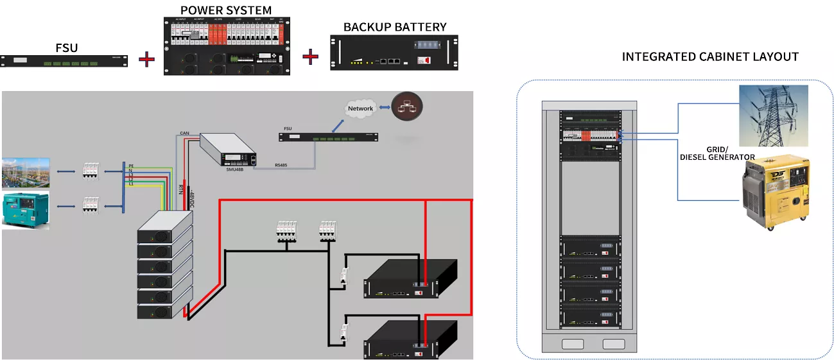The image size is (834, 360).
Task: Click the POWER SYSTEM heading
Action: (225, 10)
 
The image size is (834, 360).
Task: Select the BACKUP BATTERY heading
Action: (395, 27)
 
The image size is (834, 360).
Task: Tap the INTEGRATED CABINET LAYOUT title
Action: (710, 57)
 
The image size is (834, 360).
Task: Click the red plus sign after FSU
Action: (147, 60)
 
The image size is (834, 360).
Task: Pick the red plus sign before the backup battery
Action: (311, 56)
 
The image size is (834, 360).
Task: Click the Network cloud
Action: (360, 108)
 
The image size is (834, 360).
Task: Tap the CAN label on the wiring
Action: (184, 133)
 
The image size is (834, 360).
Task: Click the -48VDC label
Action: (191, 199)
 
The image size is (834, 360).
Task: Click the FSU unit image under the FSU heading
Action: (65, 62)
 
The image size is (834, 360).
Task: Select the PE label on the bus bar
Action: (130, 166)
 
